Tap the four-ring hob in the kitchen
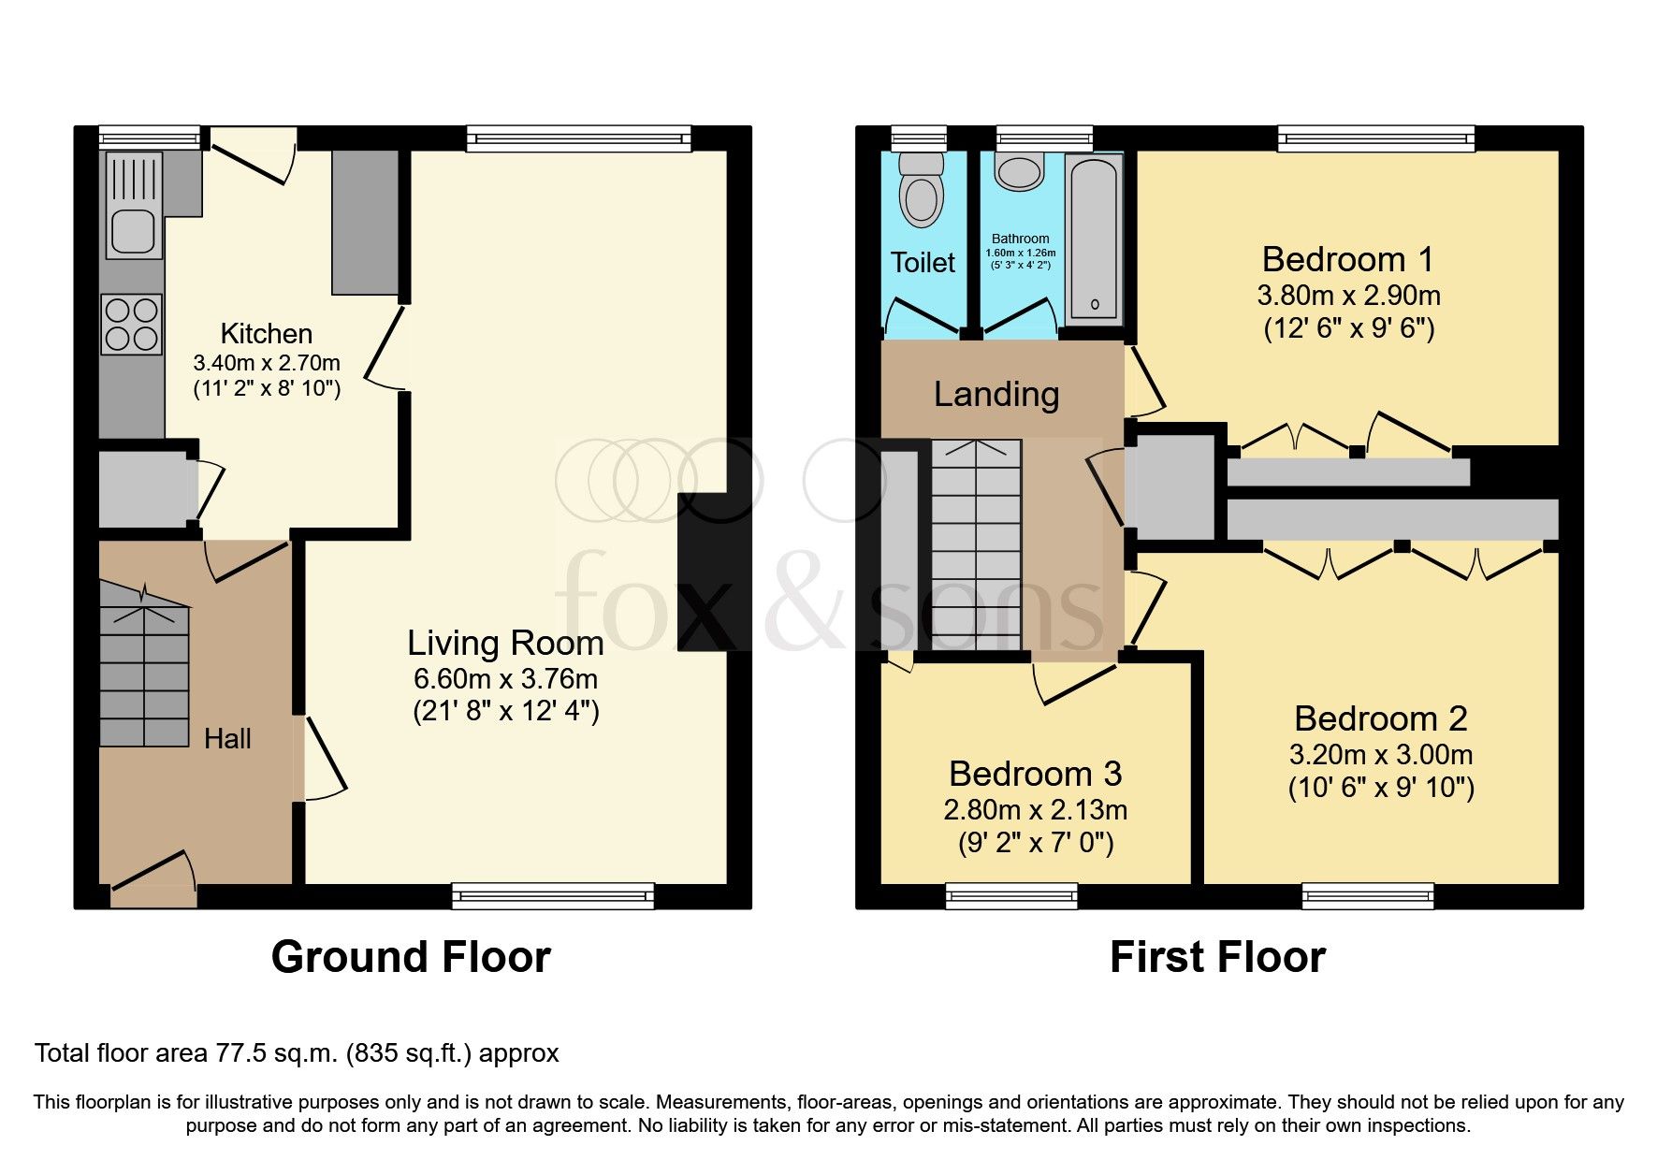coord(132,324)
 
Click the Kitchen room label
coord(266,334)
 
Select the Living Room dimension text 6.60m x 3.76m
coord(505,679)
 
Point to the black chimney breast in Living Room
coord(714,572)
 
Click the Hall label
coord(227,739)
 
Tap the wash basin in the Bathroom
coord(1019,173)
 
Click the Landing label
coord(996,395)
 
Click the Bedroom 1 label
coord(1346,259)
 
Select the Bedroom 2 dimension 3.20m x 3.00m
coord(1380,754)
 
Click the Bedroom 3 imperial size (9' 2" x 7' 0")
coord(1035,843)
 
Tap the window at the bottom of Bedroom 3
coord(1011,896)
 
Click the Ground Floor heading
coord(411,957)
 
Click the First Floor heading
coord(1217,957)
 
